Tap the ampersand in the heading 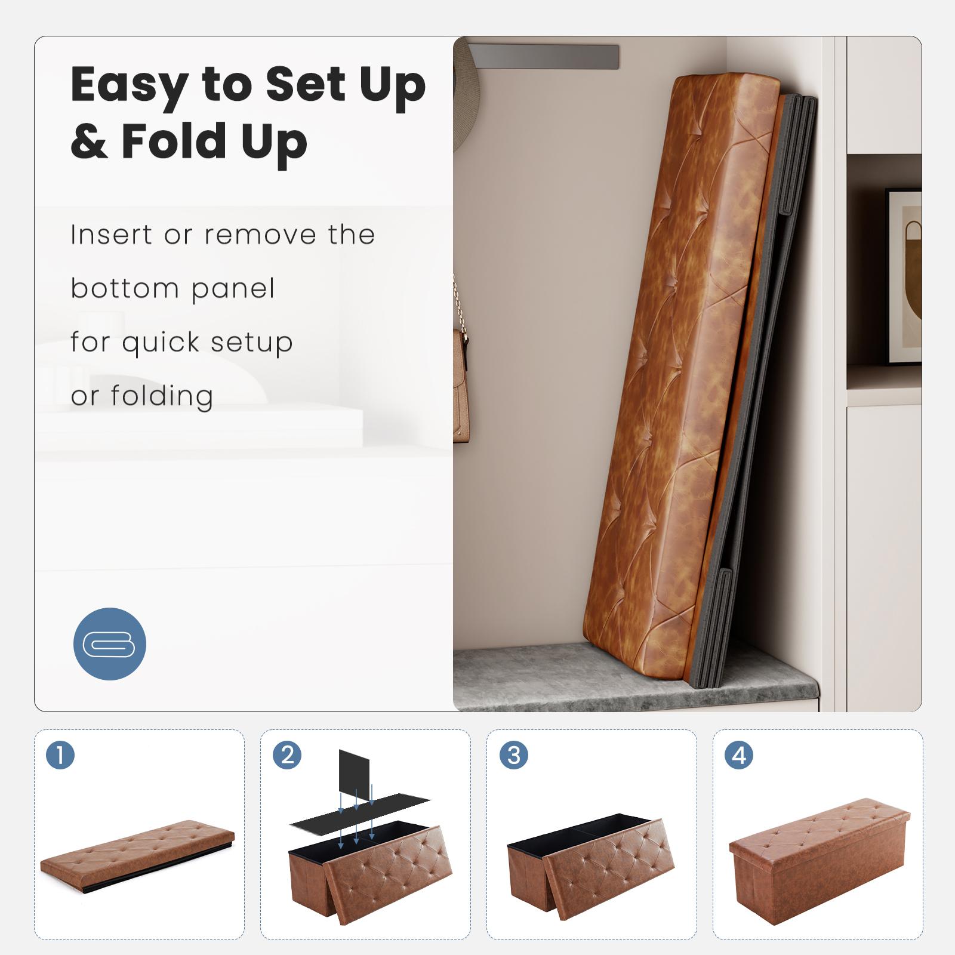coord(90,141)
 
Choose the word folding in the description coord(162,396)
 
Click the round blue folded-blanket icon coord(109,643)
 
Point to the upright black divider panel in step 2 coord(355,776)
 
